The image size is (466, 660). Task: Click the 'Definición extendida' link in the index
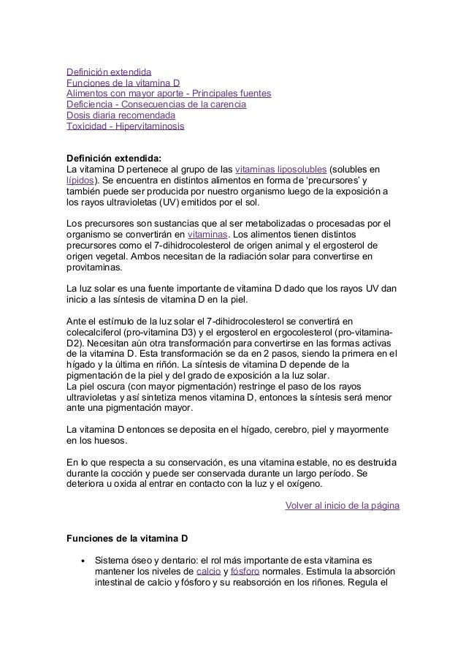109,74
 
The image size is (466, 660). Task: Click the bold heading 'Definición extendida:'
114,157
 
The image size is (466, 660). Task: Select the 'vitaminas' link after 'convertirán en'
208,234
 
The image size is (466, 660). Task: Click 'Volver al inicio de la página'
342,505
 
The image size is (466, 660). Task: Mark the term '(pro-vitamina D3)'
164,333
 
